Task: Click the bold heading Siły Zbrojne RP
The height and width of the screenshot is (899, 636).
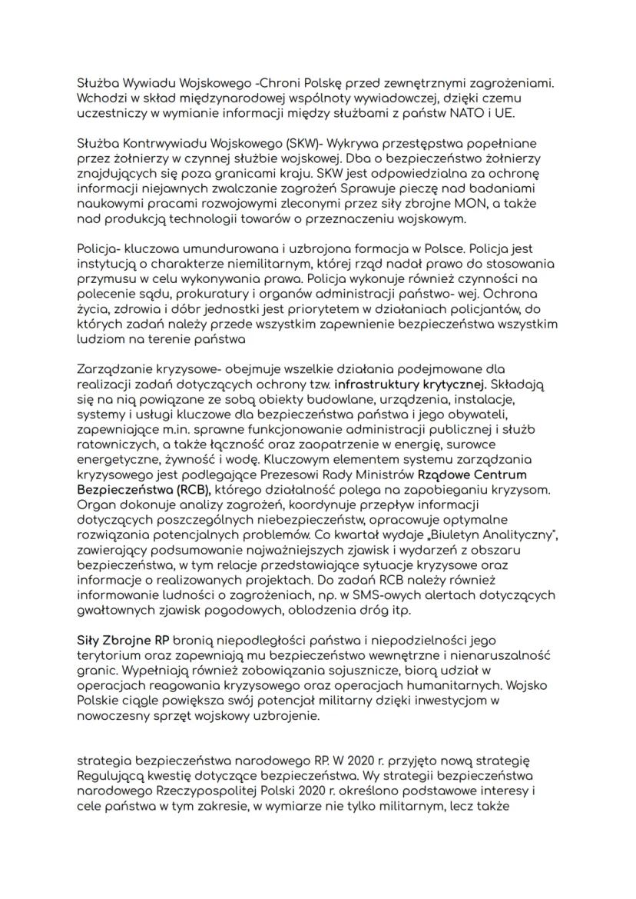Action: click(114, 640)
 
